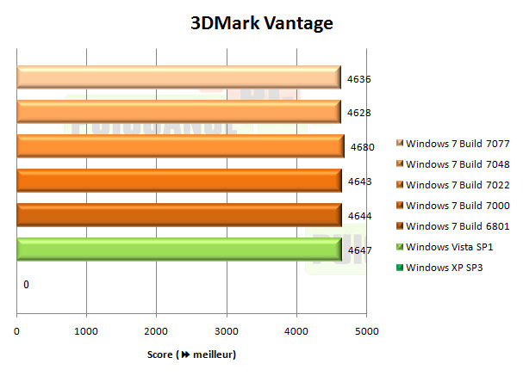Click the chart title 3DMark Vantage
coord(261,23)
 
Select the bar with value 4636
coord(178,78)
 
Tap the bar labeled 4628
coord(178,112)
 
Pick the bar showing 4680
coord(180,146)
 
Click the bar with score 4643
coord(178,181)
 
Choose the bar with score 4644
coord(178,214)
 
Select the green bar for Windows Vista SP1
coord(178,249)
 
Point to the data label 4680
coord(363,147)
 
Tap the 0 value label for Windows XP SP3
coord(27,284)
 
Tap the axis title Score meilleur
coord(191,354)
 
